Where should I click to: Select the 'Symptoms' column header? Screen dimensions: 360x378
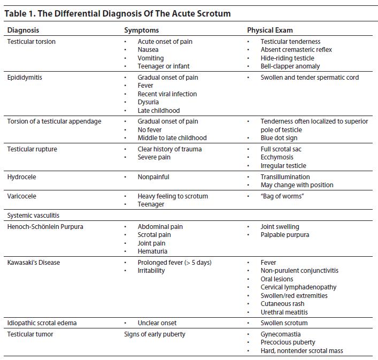[141, 30]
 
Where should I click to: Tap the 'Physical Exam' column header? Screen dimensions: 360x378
[269, 30]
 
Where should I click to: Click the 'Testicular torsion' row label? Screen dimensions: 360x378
[31, 42]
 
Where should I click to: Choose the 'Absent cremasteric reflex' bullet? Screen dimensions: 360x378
[296, 50]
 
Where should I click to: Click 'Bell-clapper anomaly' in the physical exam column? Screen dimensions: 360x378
[290, 66]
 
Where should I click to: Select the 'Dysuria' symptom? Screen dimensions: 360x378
[148, 102]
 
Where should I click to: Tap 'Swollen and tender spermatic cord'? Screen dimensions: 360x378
[310, 78]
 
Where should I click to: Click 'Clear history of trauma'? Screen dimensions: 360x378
[169, 149]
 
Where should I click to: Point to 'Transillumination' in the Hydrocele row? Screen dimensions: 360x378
[285, 177]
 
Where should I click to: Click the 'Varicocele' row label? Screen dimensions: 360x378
[22, 196]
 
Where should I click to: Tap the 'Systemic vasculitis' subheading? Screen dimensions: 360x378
[33, 216]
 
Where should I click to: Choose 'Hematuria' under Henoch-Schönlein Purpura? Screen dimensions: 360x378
[152, 251]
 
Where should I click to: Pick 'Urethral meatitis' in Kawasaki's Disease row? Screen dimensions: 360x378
[284, 312]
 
